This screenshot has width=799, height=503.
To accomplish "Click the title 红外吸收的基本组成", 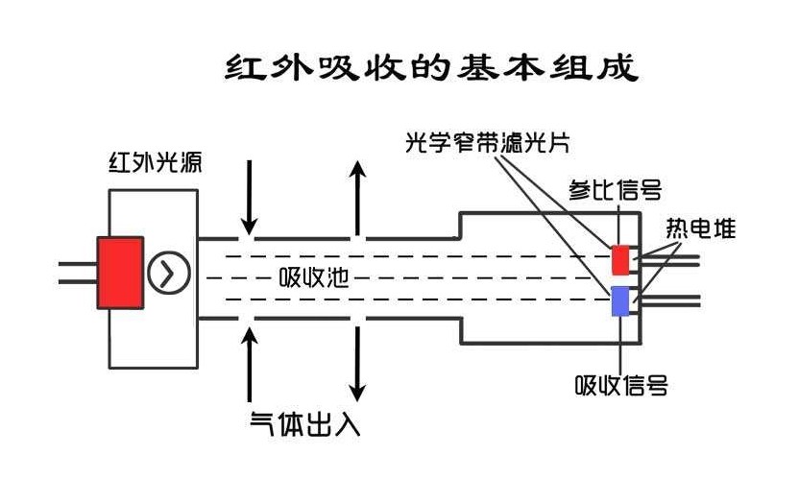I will click(430, 68).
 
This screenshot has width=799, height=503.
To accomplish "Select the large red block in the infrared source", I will click(120, 273).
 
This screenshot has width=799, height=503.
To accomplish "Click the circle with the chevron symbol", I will click(167, 274).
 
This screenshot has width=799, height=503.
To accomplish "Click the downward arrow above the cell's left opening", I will click(249, 197).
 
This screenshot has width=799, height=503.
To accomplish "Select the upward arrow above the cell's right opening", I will click(357, 197).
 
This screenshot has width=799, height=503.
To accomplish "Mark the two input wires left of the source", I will click(77, 273).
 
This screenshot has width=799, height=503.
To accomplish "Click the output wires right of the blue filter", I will click(672, 300).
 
